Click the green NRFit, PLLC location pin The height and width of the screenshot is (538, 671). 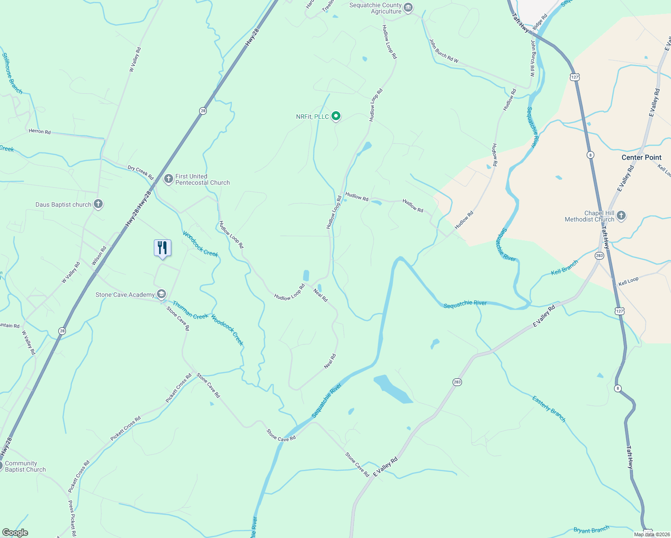tap(335, 117)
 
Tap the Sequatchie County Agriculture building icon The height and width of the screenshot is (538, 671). tap(408, 8)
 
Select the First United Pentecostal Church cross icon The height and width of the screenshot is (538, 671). tap(169, 179)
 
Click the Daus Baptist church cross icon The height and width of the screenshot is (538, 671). tap(98, 204)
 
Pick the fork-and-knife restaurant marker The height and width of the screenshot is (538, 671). tap(162, 248)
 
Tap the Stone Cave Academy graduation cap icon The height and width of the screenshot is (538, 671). tap(161, 295)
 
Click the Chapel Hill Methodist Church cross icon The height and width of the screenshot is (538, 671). tap(621, 216)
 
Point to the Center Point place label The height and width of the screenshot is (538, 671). tap(641, 157)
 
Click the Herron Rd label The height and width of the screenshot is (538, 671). tap(39, 131)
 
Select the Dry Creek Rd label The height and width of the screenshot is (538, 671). tap(140, 172)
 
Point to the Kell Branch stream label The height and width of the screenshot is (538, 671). tap(564, 268)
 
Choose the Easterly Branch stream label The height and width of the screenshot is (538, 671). tap(549, 408)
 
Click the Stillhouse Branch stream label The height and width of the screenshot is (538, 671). tap(12, 74)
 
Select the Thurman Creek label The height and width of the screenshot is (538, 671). tap(190, 310)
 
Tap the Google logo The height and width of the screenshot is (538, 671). tap(15, 533)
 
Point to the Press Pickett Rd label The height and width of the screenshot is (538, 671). tap(72, 519)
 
